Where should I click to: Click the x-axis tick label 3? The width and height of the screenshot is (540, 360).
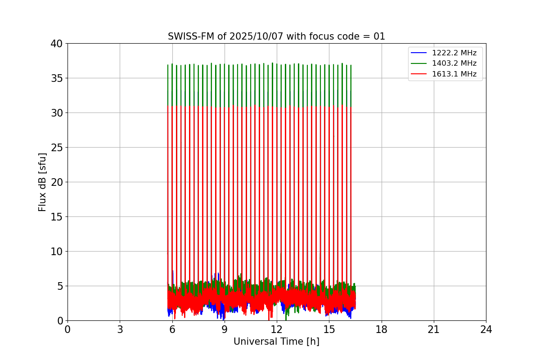[x=120, y=329]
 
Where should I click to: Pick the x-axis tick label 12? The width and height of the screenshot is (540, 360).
[x=277, y=329]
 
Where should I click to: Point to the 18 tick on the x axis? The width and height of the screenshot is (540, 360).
[x=381, y=329]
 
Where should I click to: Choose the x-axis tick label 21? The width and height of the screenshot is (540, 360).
[x=434, y=329]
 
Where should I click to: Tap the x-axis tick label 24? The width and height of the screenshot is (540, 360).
[x=486, y=329]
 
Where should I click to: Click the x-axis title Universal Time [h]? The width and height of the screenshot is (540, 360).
[x=276, y=342]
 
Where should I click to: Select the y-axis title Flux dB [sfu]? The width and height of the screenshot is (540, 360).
[x=42, y=182]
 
